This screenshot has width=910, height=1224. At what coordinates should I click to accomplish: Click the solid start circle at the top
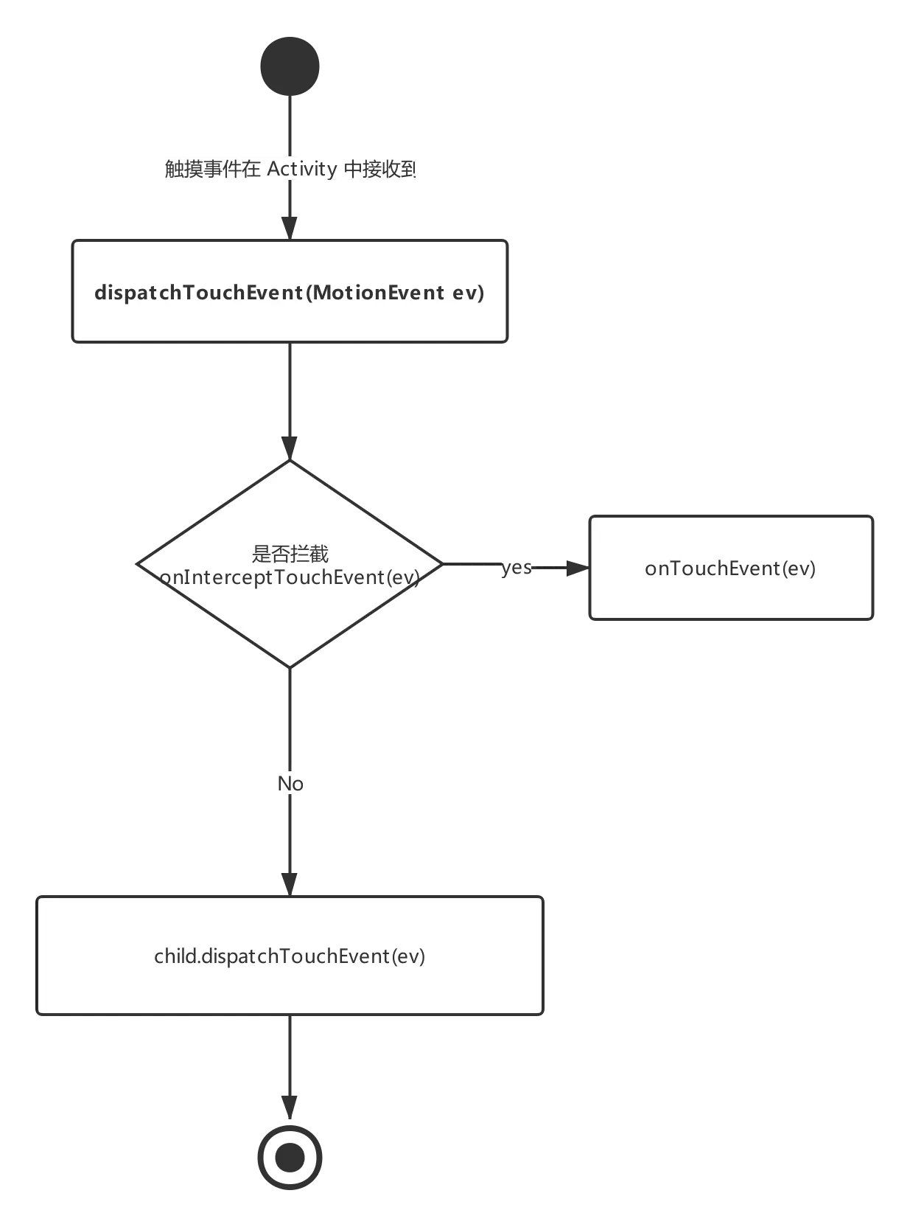coord(291,67)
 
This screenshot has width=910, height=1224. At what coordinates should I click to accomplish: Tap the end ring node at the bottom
coord(290,1157)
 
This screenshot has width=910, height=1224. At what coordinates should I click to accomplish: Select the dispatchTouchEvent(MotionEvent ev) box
coord(290,291)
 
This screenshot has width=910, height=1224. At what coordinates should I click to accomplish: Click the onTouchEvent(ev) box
coord(730,568)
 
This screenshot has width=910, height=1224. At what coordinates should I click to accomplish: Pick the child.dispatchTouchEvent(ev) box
coord(290,956)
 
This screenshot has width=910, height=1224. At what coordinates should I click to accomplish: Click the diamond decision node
coord(290,619)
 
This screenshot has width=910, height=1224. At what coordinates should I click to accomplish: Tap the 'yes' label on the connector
coord(517,567)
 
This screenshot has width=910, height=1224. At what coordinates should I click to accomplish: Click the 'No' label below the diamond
coord(291,783)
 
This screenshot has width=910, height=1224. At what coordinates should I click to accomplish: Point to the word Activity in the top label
coord(302,169)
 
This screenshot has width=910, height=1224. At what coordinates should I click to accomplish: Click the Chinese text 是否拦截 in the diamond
coord(290,553)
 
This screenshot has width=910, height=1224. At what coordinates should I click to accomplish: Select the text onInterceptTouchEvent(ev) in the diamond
coord(290,577)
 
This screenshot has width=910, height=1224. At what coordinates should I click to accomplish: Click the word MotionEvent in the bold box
coord(379,293)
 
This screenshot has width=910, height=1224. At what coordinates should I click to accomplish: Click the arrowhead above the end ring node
coord(290,1101)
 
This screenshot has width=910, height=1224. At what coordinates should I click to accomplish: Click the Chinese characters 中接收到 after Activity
coord(380,169)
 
